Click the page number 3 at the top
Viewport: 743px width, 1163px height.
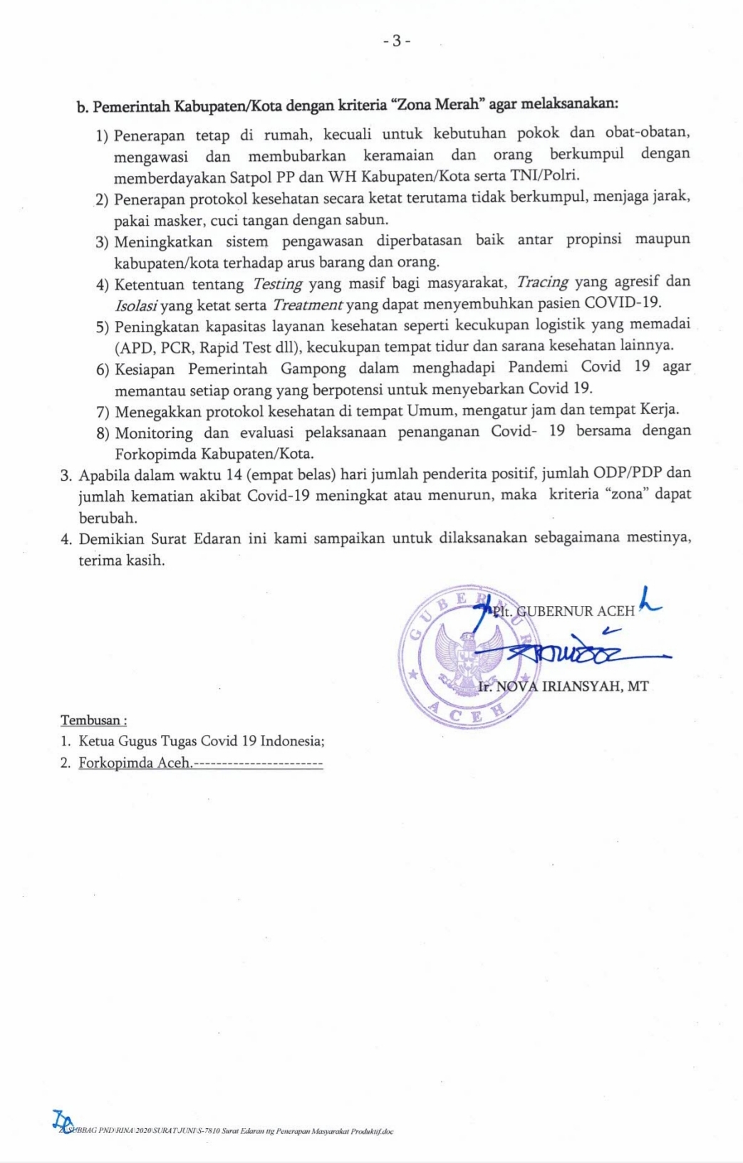click(397, 41)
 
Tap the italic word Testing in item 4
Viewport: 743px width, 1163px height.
click(278, 284)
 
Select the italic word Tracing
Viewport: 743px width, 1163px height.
click(542, 282)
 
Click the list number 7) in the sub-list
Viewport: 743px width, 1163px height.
click(103, 412)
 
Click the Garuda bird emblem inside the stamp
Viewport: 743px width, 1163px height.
click(467, 659)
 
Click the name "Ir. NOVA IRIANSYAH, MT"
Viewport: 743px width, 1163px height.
click(563, 687)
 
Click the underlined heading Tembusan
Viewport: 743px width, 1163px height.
click(93, 720)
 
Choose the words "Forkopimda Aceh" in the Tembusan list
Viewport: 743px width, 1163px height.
click(135, 763)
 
